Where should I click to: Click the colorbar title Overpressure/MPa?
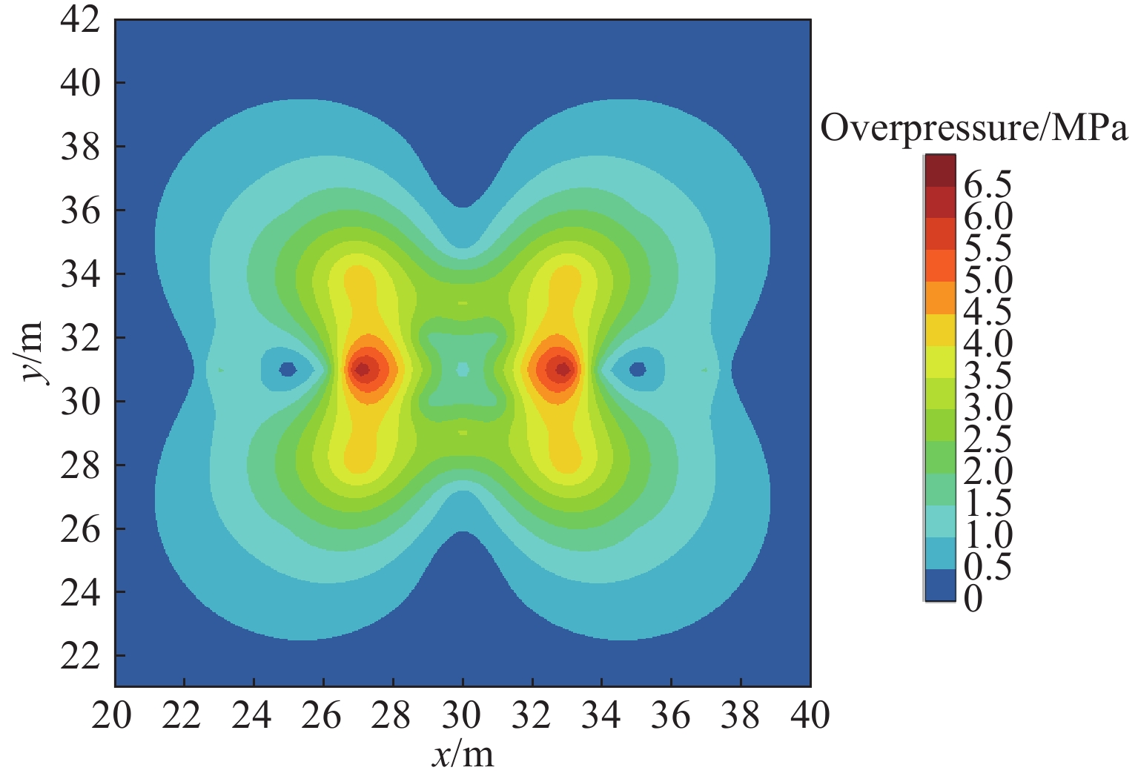click(974, 130)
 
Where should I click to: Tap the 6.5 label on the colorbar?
click(988, 185)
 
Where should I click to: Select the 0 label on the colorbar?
click(973, 598)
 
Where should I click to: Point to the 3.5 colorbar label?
click(988, 376)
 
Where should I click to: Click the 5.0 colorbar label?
click(988, 280)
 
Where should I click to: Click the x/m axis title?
click(463, 755)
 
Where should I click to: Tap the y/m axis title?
click(31, 353)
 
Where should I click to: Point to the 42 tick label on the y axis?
click(79, 19)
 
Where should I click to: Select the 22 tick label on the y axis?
click(79, 657)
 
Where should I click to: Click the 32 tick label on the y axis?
click(79, 338)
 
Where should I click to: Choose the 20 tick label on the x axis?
click(112, 715)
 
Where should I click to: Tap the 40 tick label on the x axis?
click(810, 715)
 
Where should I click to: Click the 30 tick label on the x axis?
click(461, 715)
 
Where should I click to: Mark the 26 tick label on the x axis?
click(322, 715)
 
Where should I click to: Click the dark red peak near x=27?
click(363, 369)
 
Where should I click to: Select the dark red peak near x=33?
click(563, 369)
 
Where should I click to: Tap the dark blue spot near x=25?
click(288, 369)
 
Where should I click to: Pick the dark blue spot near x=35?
click(638, 369)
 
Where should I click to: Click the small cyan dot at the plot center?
click(463, 369)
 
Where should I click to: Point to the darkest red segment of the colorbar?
click(939, 170)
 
